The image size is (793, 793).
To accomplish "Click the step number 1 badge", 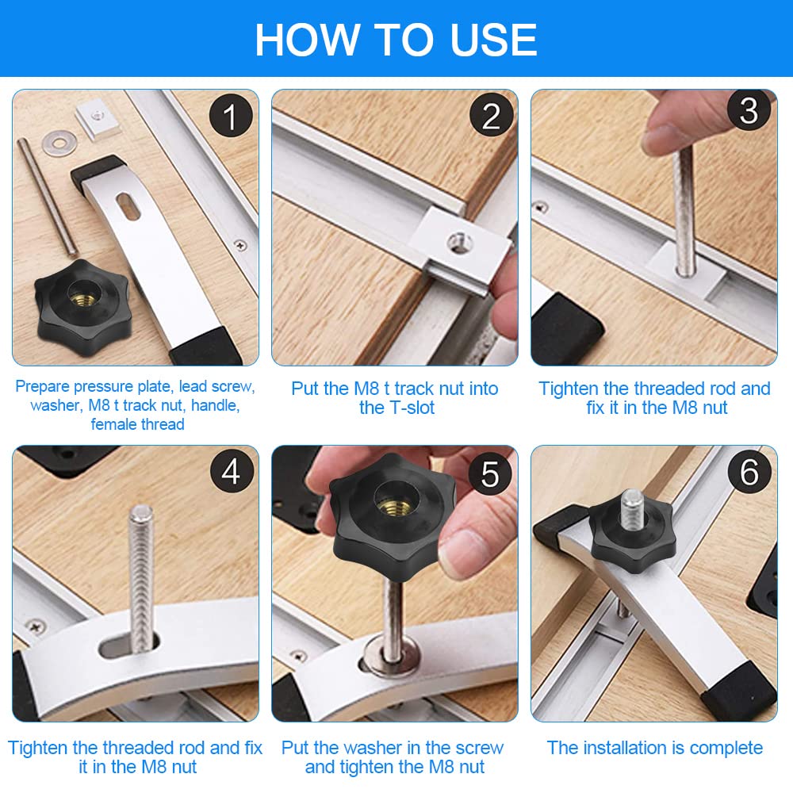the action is (x=231, y=116).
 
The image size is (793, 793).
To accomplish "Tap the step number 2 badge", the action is (x=491, y=116).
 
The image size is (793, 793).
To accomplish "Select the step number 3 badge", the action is (x=749, y=110).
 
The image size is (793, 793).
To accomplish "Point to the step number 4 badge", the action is (x=231, y=471).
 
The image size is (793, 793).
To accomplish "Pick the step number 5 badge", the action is (x=490, y=473).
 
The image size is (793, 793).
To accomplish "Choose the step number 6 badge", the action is (x=749, y=471).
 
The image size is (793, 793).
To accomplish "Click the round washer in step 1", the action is (x=58, y=143).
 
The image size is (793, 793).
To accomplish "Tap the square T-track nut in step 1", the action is (x=98, y=118).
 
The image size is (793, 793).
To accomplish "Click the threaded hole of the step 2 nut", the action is (x=459, y=242).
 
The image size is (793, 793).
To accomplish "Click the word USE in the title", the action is (x=493, y=40).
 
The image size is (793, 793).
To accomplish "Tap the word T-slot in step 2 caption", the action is (x=409, y=408).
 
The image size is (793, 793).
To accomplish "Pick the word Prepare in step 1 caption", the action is (x=43, y=387).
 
